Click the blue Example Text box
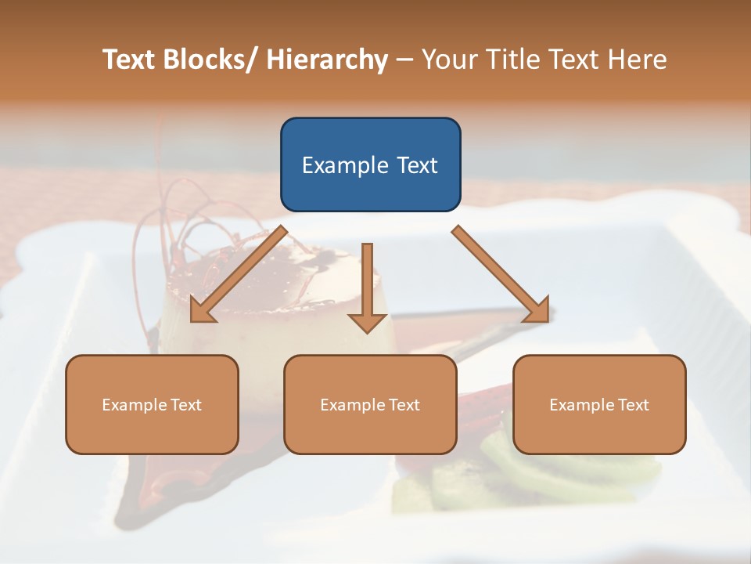click(370, 164)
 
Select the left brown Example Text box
click(152, 404)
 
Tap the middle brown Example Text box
click(370, 404)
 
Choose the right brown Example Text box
click(599, 404)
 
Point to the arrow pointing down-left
click(239, 274)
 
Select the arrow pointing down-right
click(501, 274)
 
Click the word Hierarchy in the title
click(326, 60)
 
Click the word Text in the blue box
click(416, 165)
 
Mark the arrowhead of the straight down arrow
click(368, 322)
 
